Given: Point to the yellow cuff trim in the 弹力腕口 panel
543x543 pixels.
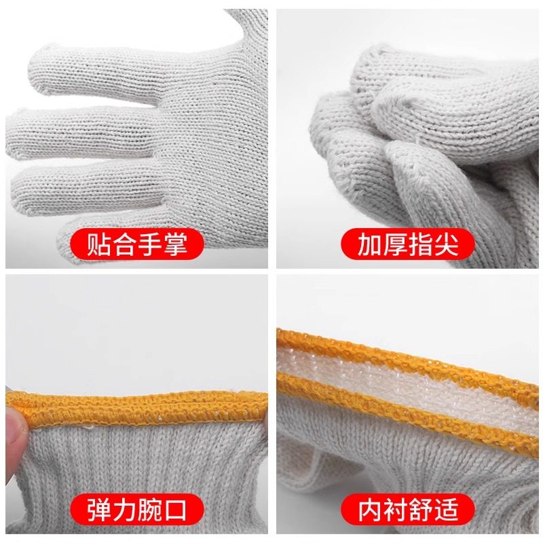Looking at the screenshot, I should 136,405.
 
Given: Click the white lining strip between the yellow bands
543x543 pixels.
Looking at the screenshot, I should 407,377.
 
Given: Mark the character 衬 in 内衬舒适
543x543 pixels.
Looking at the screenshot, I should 394,508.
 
